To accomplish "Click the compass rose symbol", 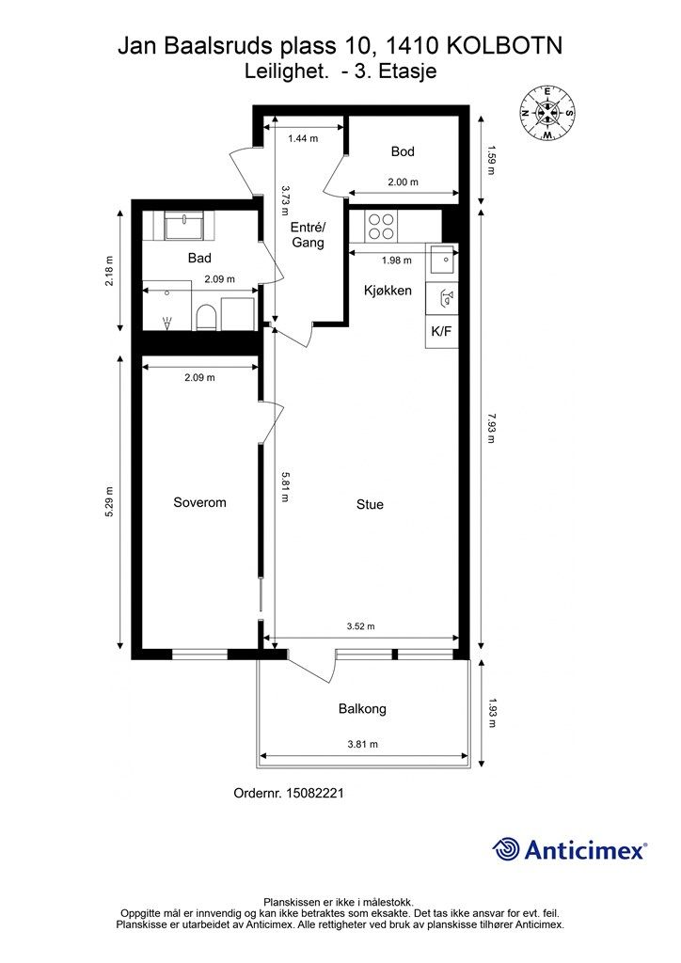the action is pos(547,113).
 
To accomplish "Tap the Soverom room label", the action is pos(199,502).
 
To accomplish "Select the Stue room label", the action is pos(370,504).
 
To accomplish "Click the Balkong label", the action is pos(362,709).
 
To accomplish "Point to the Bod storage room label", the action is pos(403,151).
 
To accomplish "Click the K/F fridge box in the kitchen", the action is pos(441,332).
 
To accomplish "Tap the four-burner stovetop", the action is pos(381,226).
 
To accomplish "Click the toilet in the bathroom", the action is pos(206,318).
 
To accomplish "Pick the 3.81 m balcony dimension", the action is pos(362,744).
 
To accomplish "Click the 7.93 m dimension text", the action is pos(491,428).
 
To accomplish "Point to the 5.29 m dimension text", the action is pos(109,502).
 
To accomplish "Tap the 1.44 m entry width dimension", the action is pos(303,138).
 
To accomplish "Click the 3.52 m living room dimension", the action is pos(360,626).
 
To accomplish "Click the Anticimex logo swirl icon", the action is pos(506,850).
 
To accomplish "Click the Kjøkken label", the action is pos(388,290).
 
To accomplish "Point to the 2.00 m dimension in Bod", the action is pos(403,182).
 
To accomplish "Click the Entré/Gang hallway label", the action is pos(308,234).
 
